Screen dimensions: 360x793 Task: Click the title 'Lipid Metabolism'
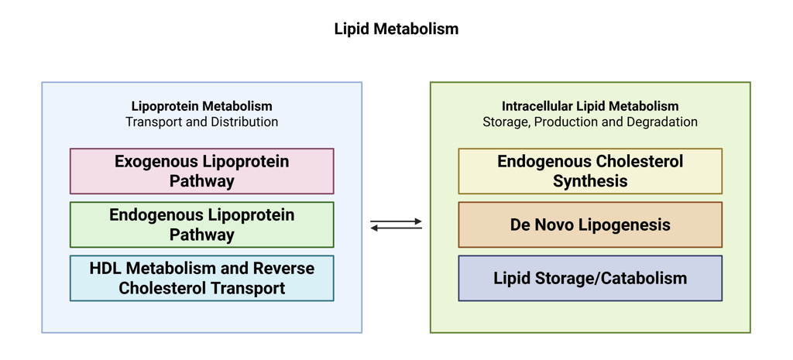point(396,29)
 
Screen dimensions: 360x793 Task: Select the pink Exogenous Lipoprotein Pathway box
point(201,171)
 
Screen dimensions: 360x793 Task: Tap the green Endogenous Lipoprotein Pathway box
point(201,225)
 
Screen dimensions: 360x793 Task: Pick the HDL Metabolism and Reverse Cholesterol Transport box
point(201,278)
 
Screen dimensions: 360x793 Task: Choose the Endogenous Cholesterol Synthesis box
point(590,171)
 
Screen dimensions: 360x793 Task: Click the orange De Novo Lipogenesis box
point(590,225)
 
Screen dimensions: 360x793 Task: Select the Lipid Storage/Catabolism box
point(590,278)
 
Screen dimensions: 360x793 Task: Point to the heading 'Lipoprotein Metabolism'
point(201,106)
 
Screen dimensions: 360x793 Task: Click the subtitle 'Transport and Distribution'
point(201,122)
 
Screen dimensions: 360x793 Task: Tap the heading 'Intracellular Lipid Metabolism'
point(590,106)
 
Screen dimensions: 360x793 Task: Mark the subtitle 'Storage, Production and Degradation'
point(590,122)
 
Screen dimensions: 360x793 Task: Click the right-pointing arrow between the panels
point(396,221)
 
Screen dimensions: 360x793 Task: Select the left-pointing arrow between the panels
point(396,228)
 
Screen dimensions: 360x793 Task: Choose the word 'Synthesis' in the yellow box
point(590,181)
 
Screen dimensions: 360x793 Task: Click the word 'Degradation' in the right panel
point(665,122)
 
